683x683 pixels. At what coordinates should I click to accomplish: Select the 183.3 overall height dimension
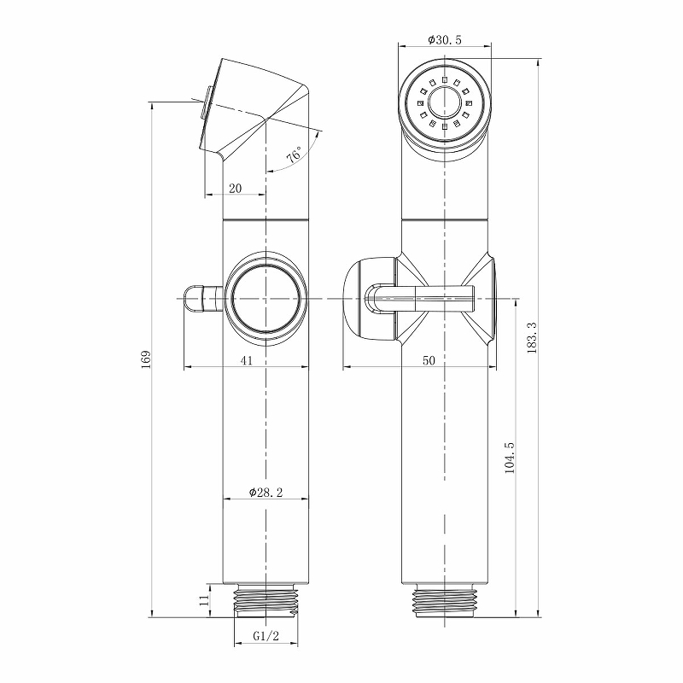tap(532, 338)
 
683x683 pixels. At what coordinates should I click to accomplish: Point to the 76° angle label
tap(293, 156)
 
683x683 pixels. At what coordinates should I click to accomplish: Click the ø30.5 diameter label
tap(445, 39)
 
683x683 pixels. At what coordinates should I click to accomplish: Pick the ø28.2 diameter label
tap(266, 492)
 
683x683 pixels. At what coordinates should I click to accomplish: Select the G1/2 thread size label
tap(266, 636)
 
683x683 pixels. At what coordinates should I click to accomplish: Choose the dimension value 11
tap(203, 599)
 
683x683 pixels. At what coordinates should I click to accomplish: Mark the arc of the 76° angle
tap(314, 149)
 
